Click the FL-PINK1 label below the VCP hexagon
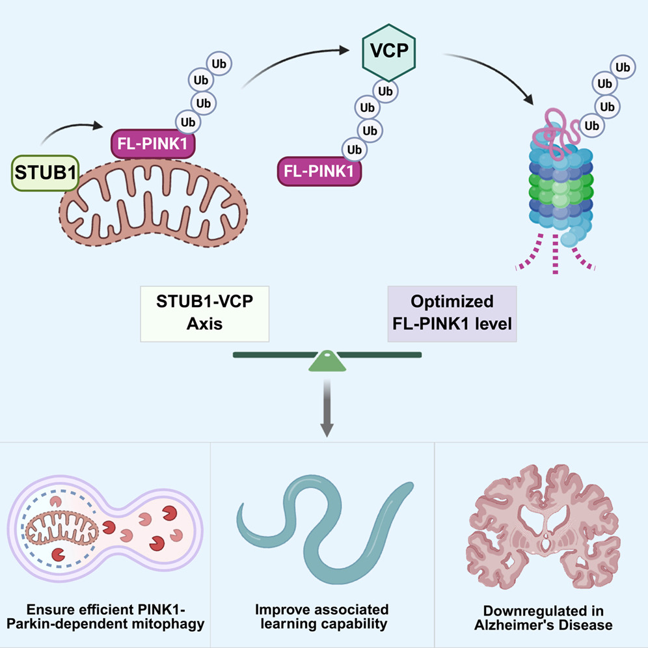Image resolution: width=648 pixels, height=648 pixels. point(320,172)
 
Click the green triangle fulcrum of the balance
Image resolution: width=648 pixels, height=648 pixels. point(327,362)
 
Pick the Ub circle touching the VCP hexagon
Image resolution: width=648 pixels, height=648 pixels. point(385,92)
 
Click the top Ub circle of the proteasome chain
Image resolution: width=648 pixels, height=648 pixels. point(623,66)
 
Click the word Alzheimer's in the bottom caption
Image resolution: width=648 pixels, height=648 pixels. point(517,625)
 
